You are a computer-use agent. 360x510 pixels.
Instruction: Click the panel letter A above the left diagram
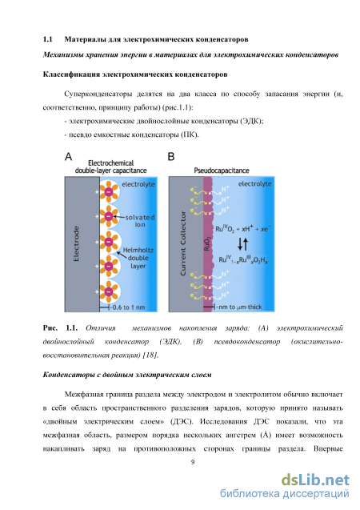[68, 157]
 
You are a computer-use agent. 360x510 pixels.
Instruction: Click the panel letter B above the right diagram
[171, 157]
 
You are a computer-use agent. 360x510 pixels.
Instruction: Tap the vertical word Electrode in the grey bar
[76, 243]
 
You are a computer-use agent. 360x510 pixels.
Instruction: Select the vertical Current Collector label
[183, 243]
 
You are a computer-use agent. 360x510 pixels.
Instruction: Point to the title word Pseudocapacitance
[222, 171]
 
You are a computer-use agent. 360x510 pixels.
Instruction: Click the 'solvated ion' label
[140, 221]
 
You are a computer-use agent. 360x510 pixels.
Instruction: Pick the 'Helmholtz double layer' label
[138, 258]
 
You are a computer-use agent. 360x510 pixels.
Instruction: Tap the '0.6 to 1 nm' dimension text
[128, 307]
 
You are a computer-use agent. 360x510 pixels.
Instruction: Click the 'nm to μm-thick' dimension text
[239, 307]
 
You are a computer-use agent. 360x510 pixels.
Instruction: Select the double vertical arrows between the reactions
[242, 244]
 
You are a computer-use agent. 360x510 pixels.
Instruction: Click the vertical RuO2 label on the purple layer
[207, 243]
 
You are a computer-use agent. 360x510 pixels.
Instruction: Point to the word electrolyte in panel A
[138, 184]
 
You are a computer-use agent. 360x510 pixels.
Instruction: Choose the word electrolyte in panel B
[254, 184]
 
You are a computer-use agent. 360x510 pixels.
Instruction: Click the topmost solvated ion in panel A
[109, 192]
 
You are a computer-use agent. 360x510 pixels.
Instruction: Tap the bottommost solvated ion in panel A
[109, 291]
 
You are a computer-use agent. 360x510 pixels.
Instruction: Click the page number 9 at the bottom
[193, 462]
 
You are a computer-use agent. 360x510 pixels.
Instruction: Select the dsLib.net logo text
[315, 480]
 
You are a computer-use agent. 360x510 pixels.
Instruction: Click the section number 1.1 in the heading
[48, 39]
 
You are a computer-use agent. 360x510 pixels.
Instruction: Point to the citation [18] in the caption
[150, 355]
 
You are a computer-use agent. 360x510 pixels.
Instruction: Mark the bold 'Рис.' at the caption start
[50, 328]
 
